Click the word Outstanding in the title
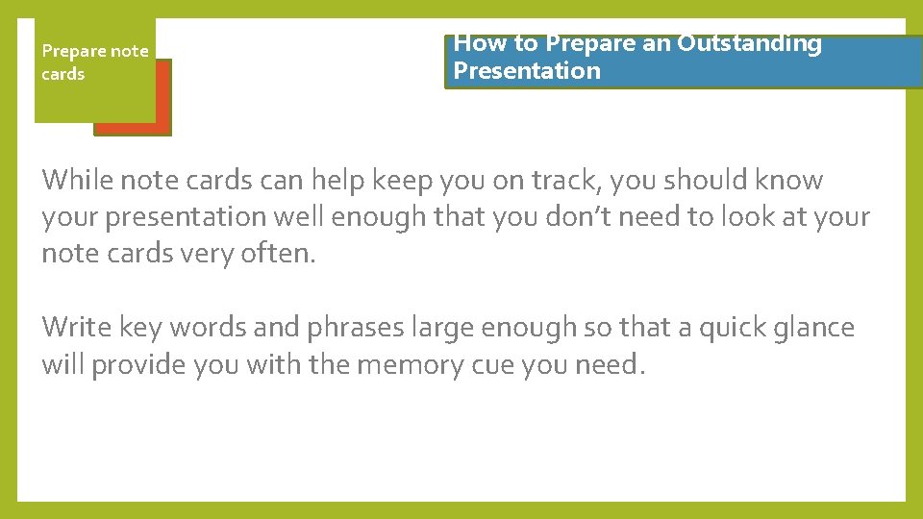(x=749, y=44)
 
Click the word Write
(x=77, y=328)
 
